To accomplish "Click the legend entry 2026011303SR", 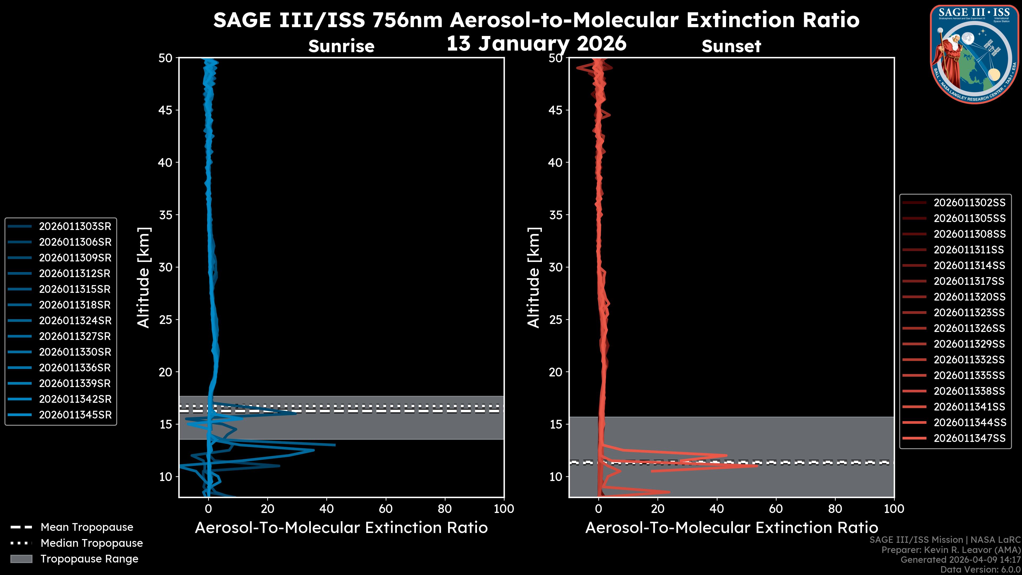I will pyautogui.click(x=75, y=226).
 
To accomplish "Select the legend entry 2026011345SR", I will pyautogui.click(x=75, y=415).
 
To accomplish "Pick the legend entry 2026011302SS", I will pyautogui.click(x=969, y=203).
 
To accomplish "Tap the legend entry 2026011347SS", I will pyautogui.click(x=969, y=438).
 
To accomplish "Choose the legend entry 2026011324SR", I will pyautogui.click(x=75, y=321).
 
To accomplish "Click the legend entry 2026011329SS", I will pyautogui.click(x=969, y=344).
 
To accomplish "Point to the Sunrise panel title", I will pyautogui.click(x=341, y=46).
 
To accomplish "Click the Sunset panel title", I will pyautogui.click(x=731, y=46).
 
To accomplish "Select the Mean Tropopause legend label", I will pyautogui.click(x=87, y=527).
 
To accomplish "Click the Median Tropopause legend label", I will pyautogui.click(x=92, y=543).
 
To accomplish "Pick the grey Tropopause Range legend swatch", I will pyautogui.click(x=21, y=559).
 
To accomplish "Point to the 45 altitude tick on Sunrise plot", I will pyautogui.click(x=166, y=110).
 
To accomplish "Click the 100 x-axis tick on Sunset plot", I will pyautogui.click(x=894, y=509).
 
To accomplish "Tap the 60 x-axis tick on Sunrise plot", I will pyautogui.click(x=386, y=509).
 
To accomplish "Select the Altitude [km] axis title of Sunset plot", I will pyautogui.click(x=534, y=277).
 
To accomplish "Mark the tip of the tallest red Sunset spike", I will pyautogui.click(x=757, y=466).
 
